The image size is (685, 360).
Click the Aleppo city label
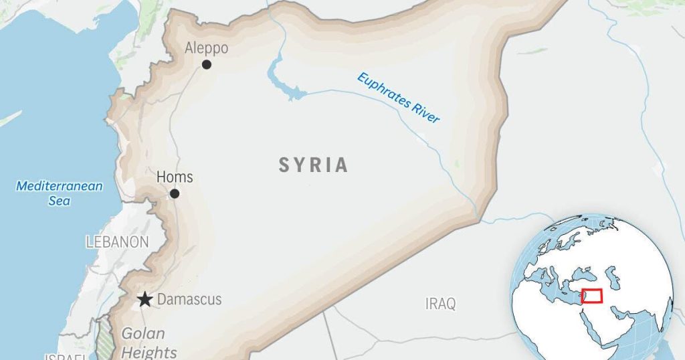pos(206,48)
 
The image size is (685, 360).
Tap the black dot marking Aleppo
pos(207,64)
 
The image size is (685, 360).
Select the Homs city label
pos(174,177)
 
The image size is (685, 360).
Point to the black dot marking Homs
pos(175,193)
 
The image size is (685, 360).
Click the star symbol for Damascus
pos(144,299)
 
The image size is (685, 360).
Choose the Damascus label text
pos(189,300)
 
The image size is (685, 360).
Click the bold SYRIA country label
pos(313,165)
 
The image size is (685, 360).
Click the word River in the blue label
pos(427,114)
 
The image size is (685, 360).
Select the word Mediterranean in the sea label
pos(60,186)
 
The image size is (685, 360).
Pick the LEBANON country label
pos(117,242)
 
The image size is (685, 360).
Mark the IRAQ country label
pos(440,304)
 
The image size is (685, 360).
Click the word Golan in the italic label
pos(138,333)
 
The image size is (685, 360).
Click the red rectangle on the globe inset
pos(592,296)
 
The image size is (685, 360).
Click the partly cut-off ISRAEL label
pos(66,356)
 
